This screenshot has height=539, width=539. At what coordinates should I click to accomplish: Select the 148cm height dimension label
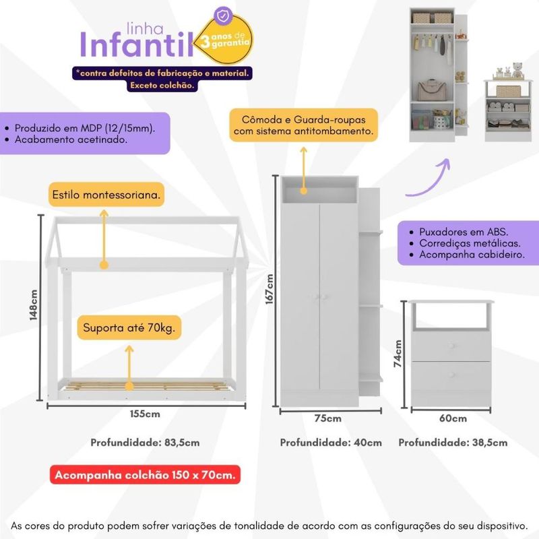pos(33,306)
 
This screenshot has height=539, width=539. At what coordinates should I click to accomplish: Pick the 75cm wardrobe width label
pos(328,418)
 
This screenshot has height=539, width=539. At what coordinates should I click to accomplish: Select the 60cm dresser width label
pos(453,418)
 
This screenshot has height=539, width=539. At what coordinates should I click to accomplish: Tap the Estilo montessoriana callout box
pos(106,195)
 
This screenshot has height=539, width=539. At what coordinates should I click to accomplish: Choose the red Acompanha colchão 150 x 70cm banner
pos(146,476)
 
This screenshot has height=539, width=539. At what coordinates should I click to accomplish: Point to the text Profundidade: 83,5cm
pos(146,443)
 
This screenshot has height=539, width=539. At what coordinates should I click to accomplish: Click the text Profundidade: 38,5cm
pos(453,443)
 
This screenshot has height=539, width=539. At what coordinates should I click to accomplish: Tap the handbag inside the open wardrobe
pos(429,90)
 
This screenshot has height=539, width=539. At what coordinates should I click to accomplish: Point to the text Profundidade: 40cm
pos(331,443)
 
